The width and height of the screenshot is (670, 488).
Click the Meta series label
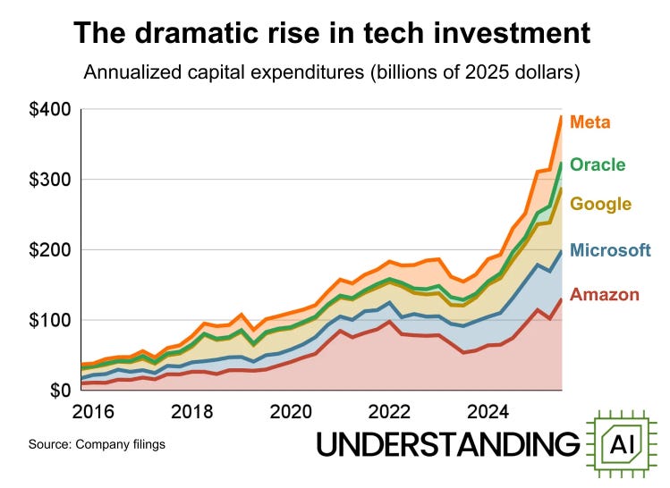click(x=590, y=122)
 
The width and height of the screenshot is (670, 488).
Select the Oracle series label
click(x=597, y=164)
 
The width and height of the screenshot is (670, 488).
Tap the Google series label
click(x=600, y=204)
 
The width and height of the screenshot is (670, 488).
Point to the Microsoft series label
click(x=610, y=250)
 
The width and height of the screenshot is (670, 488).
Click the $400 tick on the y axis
click(x=48, y=110)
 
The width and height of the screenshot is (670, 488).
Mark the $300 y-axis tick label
click(x=48, y=180)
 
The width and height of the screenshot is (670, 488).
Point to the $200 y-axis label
click(x=48, y=250)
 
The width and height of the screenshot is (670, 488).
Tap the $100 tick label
click(x=48, y=320)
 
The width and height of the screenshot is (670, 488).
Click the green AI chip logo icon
click(x=623, y=443)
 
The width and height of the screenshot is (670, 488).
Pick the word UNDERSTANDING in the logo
click(x=448, y=444)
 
